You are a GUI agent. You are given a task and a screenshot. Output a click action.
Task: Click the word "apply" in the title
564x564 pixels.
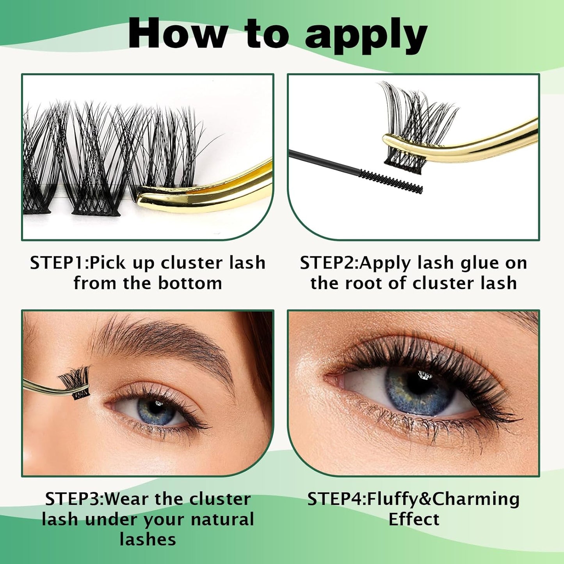[366, 35]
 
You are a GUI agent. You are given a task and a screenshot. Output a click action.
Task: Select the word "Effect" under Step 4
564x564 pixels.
[414, 520]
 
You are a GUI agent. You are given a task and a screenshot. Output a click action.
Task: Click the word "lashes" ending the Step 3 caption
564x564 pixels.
[148, 540]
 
